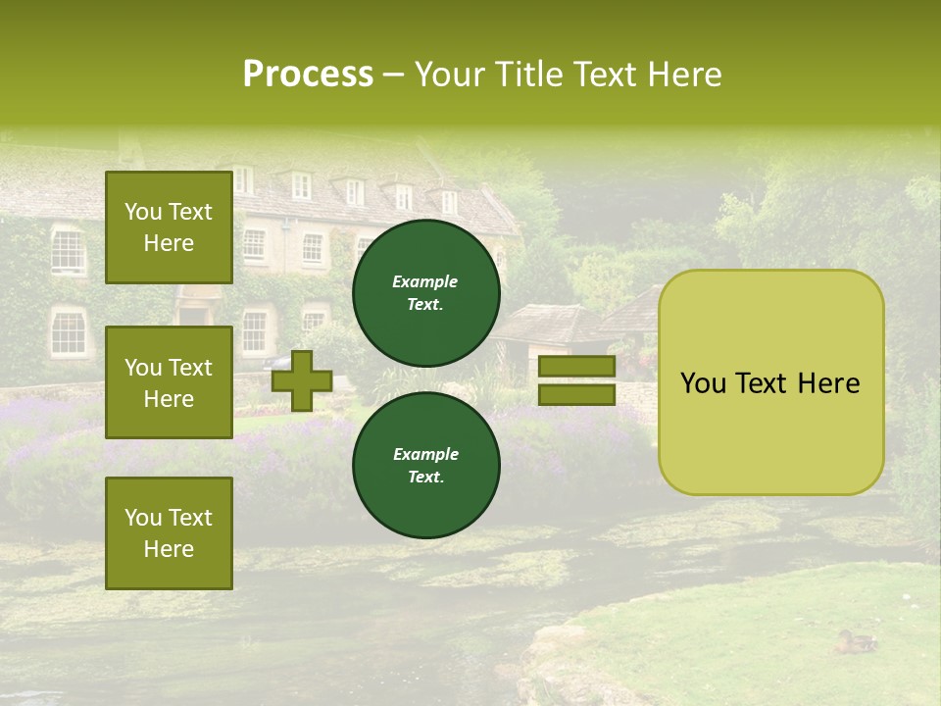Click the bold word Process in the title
[x=308, y=75]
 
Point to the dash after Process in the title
[x=394, y=76]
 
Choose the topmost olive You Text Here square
[x=169, y=227]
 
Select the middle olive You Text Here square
[x=169, y=382]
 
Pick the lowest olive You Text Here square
[x=169, y=533]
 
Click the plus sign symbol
[x=302, y=380]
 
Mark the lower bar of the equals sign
[x=576, y=394]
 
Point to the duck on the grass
[x=856, y=642]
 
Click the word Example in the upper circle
[x=425, y=281]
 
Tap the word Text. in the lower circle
[x=425, y=477]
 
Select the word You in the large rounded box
[x=703, y=383]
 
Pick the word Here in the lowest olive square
[x=169, y=549]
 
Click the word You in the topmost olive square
[x=141, y=212]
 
